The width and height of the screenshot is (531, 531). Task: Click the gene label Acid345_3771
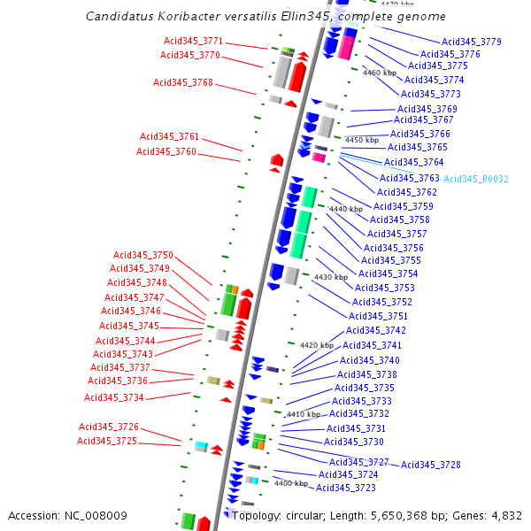click(193, 42)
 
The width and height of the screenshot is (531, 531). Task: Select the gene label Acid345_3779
click(472, 42)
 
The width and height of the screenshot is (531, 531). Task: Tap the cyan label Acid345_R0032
click(476, 179)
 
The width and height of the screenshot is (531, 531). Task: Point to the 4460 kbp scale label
click(380, 73)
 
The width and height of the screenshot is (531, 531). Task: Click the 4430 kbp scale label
click(331, 277)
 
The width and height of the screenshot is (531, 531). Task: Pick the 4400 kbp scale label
click(290, 483)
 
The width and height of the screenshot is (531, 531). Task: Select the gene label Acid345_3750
click(142, 255)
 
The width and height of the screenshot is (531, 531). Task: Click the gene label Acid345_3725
click(106, 441)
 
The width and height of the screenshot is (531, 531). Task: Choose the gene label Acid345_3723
click(346, 488)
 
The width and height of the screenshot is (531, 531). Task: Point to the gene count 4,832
click(505, 515)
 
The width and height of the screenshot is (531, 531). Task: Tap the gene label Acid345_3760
click(166, 151)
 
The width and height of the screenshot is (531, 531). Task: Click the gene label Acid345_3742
click(375, 330)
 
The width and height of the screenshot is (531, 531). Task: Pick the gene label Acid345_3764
click(413, 162)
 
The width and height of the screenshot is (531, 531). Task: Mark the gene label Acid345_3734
click(113, 397)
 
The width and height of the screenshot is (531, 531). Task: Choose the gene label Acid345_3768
click(183, 82)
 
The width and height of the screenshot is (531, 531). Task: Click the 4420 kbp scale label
click(317, 345)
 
